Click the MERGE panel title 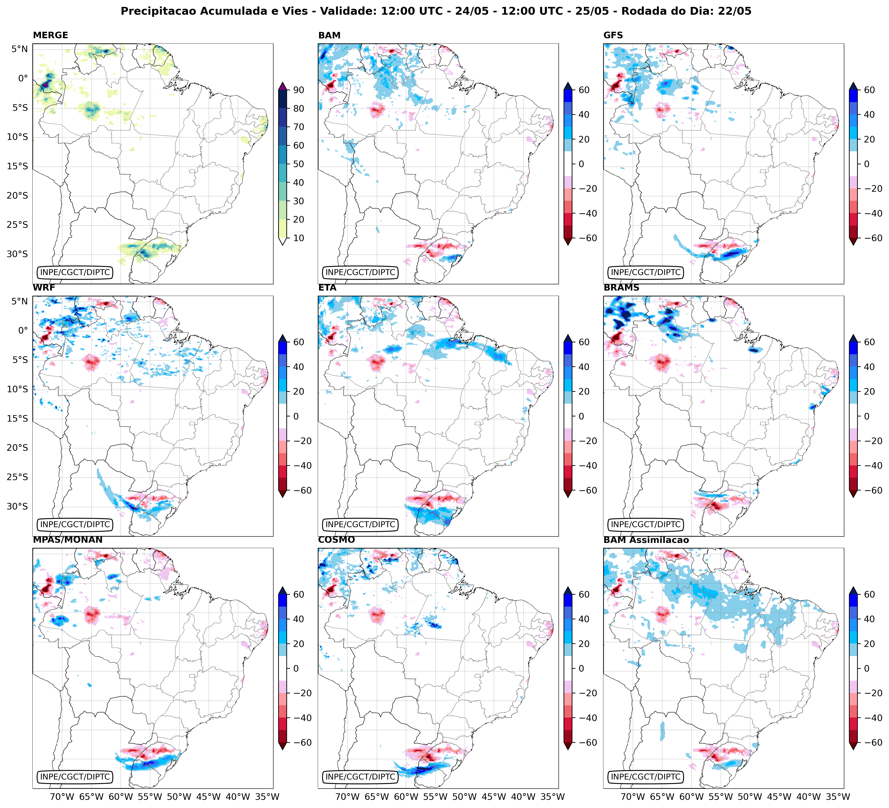tap(50, 35)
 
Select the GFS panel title tap(613, 35)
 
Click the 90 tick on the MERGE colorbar tap(299, 90)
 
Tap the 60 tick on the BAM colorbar tap(584, 90)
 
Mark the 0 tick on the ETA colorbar tap(581, 416)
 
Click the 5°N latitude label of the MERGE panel tap(19, 49)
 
